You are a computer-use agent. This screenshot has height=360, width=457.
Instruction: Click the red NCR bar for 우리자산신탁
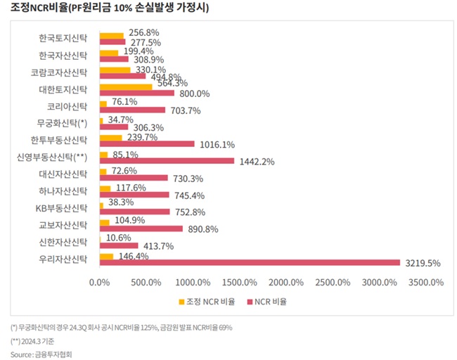tap(250, 262)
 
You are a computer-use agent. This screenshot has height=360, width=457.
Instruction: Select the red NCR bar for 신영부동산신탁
tap(167, 160)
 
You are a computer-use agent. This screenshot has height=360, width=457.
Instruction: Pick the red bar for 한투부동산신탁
tap(147, 143)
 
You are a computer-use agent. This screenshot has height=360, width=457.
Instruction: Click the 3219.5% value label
tap(423, 263)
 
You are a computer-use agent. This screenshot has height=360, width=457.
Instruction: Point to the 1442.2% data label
tap(256, 161)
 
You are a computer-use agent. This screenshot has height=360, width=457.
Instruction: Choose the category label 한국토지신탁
tap(63, 38)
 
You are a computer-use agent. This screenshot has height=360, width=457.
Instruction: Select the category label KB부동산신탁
tap(61, 207)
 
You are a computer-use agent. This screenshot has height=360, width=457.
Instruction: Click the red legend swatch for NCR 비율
tap(250, 302)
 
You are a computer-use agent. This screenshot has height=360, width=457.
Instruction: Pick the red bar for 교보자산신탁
tap(141, 229)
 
